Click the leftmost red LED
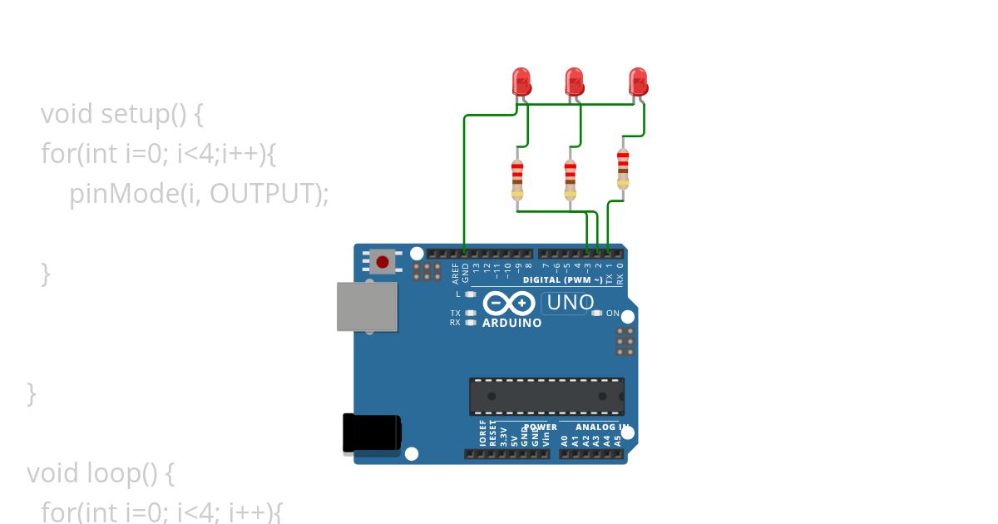[x=521, y=81]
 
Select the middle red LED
[x=574, y=81]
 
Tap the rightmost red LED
[x=638, y=81]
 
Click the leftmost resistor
[x=517, y=180]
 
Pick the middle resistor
[x=570, y=180]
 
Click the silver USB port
[x=367, y=306]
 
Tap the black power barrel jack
[x=372, y=433]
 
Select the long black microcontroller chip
[x=546, y=396]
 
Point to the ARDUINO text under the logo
[x=511, y=323]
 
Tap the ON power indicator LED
[x=596, y=314]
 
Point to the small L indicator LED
[x=470, y=294]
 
